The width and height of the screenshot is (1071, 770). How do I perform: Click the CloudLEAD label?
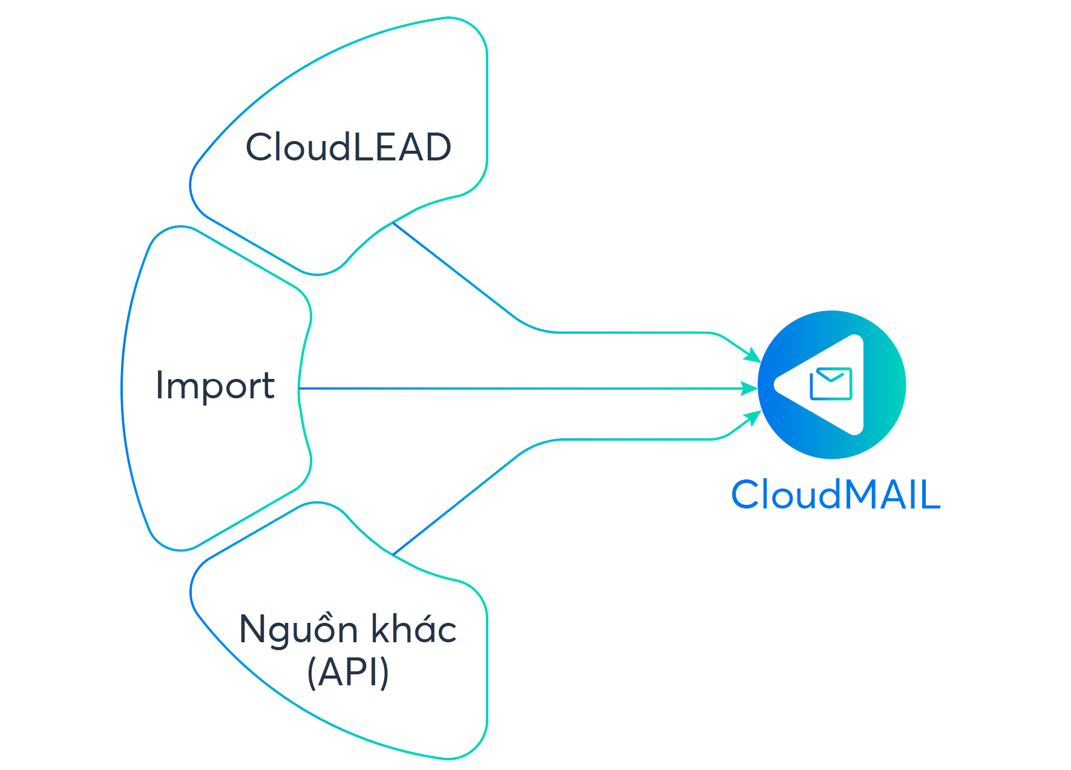tap(349, 147)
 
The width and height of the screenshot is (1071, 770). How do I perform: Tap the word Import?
tap(215, 386)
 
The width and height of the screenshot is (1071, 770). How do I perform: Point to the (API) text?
tap(348, 672)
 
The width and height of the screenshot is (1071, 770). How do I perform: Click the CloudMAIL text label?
tap(836, 495)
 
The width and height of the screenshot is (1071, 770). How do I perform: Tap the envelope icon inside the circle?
tap(831, 384)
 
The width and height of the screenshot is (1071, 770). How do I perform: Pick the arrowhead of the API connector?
tap(754, 417)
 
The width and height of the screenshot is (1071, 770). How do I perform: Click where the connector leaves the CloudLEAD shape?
tap(393, 223)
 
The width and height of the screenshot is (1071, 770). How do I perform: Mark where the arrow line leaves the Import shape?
tap(300, 388)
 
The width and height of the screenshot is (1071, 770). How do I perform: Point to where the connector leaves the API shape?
tap(393, 554)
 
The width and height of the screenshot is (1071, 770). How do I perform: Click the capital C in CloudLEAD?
tap(261, 147)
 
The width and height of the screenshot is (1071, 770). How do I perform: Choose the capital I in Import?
tap(159, 385)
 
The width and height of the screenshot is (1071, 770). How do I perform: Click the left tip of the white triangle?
tap(776, 384)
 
